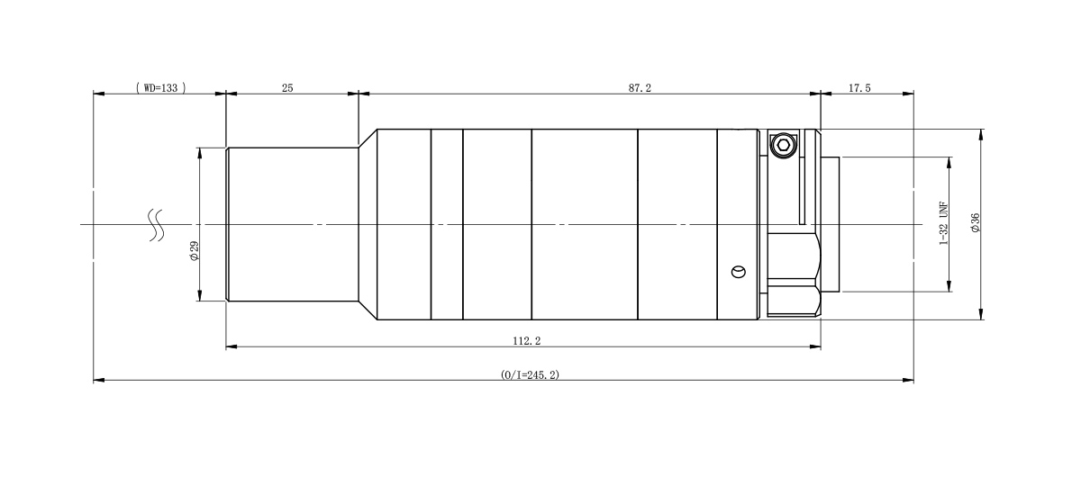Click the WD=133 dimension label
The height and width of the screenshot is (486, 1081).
click(160, 88)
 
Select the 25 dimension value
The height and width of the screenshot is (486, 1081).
click(287, 88)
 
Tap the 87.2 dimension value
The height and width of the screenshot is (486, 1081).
click(640, 88)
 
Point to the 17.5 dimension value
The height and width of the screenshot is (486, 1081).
click(859, 88)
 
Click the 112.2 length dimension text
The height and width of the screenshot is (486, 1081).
click(526, 341)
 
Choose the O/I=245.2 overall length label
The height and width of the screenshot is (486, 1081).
click(530, 374)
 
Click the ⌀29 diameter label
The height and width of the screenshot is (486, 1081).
click(195, 251)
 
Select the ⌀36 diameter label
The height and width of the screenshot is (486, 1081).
click(976, 222)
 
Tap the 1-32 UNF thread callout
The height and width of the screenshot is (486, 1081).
click(944, 223)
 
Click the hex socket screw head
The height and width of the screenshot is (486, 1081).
click(782, 145)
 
